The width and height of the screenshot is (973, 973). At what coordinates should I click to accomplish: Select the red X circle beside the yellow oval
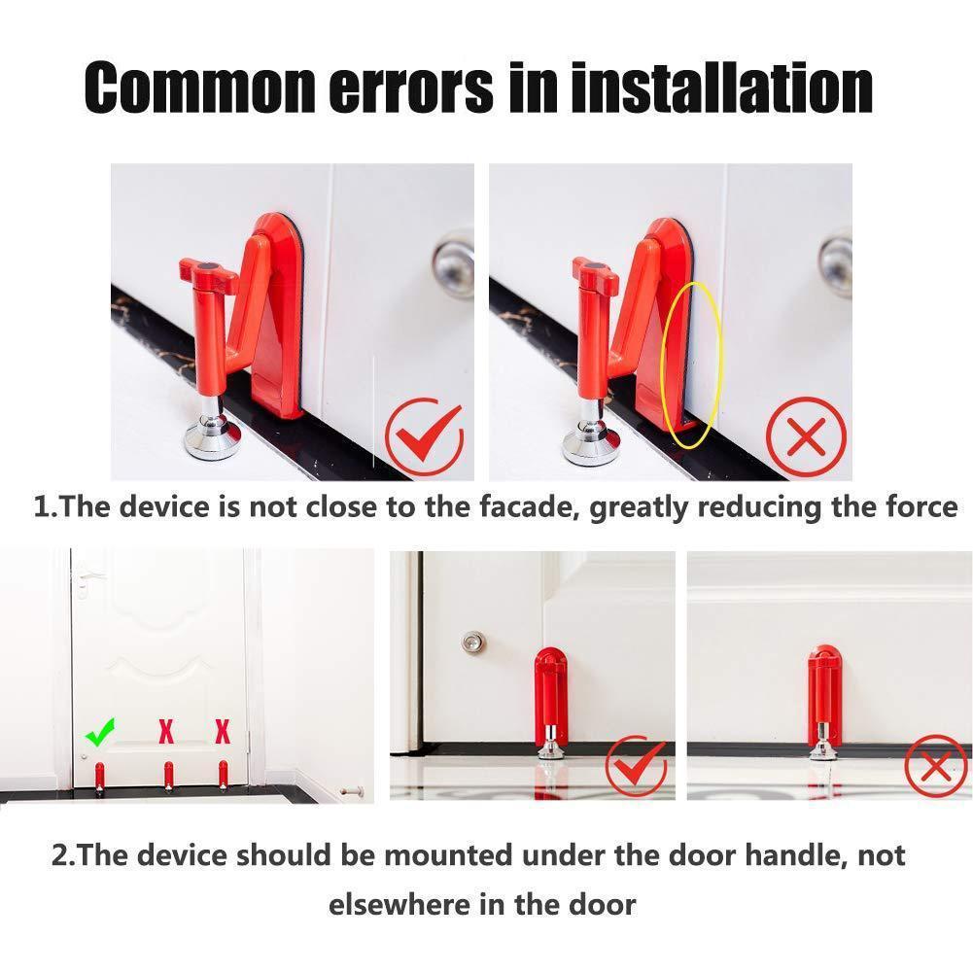tap(806, 436)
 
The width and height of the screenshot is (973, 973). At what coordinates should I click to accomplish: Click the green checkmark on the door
tap(99, 730)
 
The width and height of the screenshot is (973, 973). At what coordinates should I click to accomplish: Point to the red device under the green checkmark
tap(99, 777)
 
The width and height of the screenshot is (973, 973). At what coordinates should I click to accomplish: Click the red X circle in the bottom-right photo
tap(935, 767)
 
